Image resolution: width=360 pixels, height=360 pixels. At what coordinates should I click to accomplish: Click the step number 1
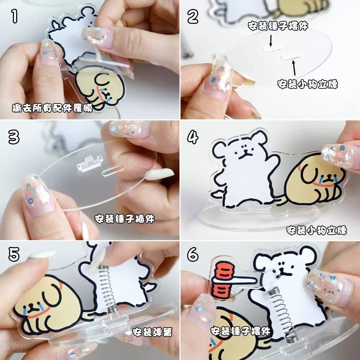[14, 17]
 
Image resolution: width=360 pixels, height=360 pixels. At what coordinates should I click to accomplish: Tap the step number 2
[193, 17]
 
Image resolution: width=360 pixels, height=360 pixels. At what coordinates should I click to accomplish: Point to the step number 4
[193, 137]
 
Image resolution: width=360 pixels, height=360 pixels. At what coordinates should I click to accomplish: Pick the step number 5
[14, 255]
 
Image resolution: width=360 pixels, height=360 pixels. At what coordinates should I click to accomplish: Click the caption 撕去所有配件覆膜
[52, 108]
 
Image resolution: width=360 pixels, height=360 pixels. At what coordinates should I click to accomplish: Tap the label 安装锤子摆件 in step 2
[278, 26]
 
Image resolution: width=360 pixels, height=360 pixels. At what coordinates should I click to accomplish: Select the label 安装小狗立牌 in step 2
[308, 84]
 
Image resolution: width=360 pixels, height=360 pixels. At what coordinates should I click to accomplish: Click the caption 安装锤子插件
[125, 219]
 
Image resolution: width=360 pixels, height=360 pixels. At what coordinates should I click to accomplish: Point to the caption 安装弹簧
[152, 332]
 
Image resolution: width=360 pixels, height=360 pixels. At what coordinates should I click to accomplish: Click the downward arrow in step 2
[271, 41]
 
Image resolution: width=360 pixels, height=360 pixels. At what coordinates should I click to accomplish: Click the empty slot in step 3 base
[113, 170]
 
